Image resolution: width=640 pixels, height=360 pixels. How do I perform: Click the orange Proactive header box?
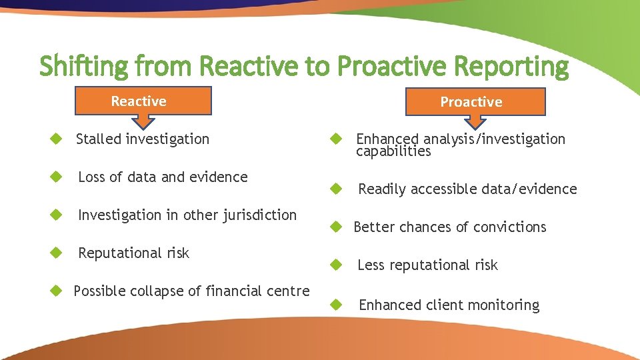471,101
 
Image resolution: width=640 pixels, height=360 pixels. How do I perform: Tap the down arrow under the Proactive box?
475,121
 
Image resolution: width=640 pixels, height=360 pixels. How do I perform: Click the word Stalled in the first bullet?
98,139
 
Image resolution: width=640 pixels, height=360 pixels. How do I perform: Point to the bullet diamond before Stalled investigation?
57,139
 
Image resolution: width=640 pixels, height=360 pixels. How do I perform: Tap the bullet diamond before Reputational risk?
57,253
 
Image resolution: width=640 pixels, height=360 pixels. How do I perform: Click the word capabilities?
393,151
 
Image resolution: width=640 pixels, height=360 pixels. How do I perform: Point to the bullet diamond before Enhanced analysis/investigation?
337,139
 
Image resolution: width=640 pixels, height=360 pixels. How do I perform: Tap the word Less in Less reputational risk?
371,265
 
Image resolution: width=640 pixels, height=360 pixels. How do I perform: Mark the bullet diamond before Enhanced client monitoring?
337,305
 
